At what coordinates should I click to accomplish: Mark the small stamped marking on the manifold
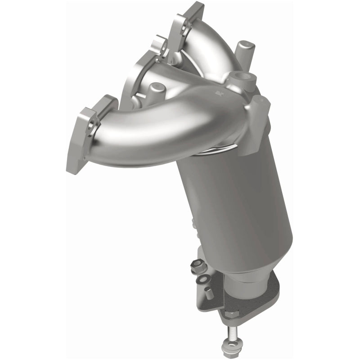coord(220,94)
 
